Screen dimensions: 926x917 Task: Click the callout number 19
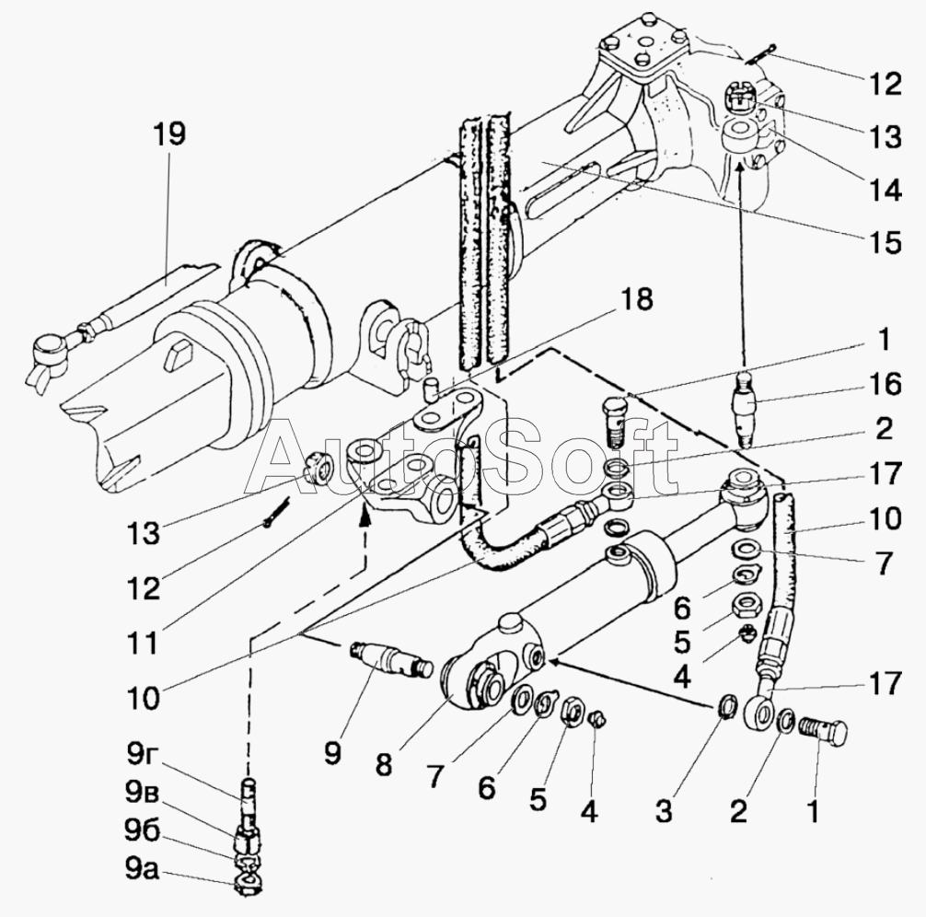pyautogui.click(x=168, y=134)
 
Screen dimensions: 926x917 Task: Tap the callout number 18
pyautogui.click(x=635, y=299)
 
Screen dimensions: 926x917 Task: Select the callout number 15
pyautogui.click(x=884, y=242)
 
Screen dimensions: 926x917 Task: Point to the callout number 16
pyautogui.click(x=884, y=384)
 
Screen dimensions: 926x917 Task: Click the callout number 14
pyautogui.click(x=884, y=191)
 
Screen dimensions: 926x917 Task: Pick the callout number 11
pyautogui.click(x=144, y=643)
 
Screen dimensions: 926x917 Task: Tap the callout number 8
pyautogui.click(x=383, y=764)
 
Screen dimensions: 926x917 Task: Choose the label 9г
pyautogui.click(x=140, y=755)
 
